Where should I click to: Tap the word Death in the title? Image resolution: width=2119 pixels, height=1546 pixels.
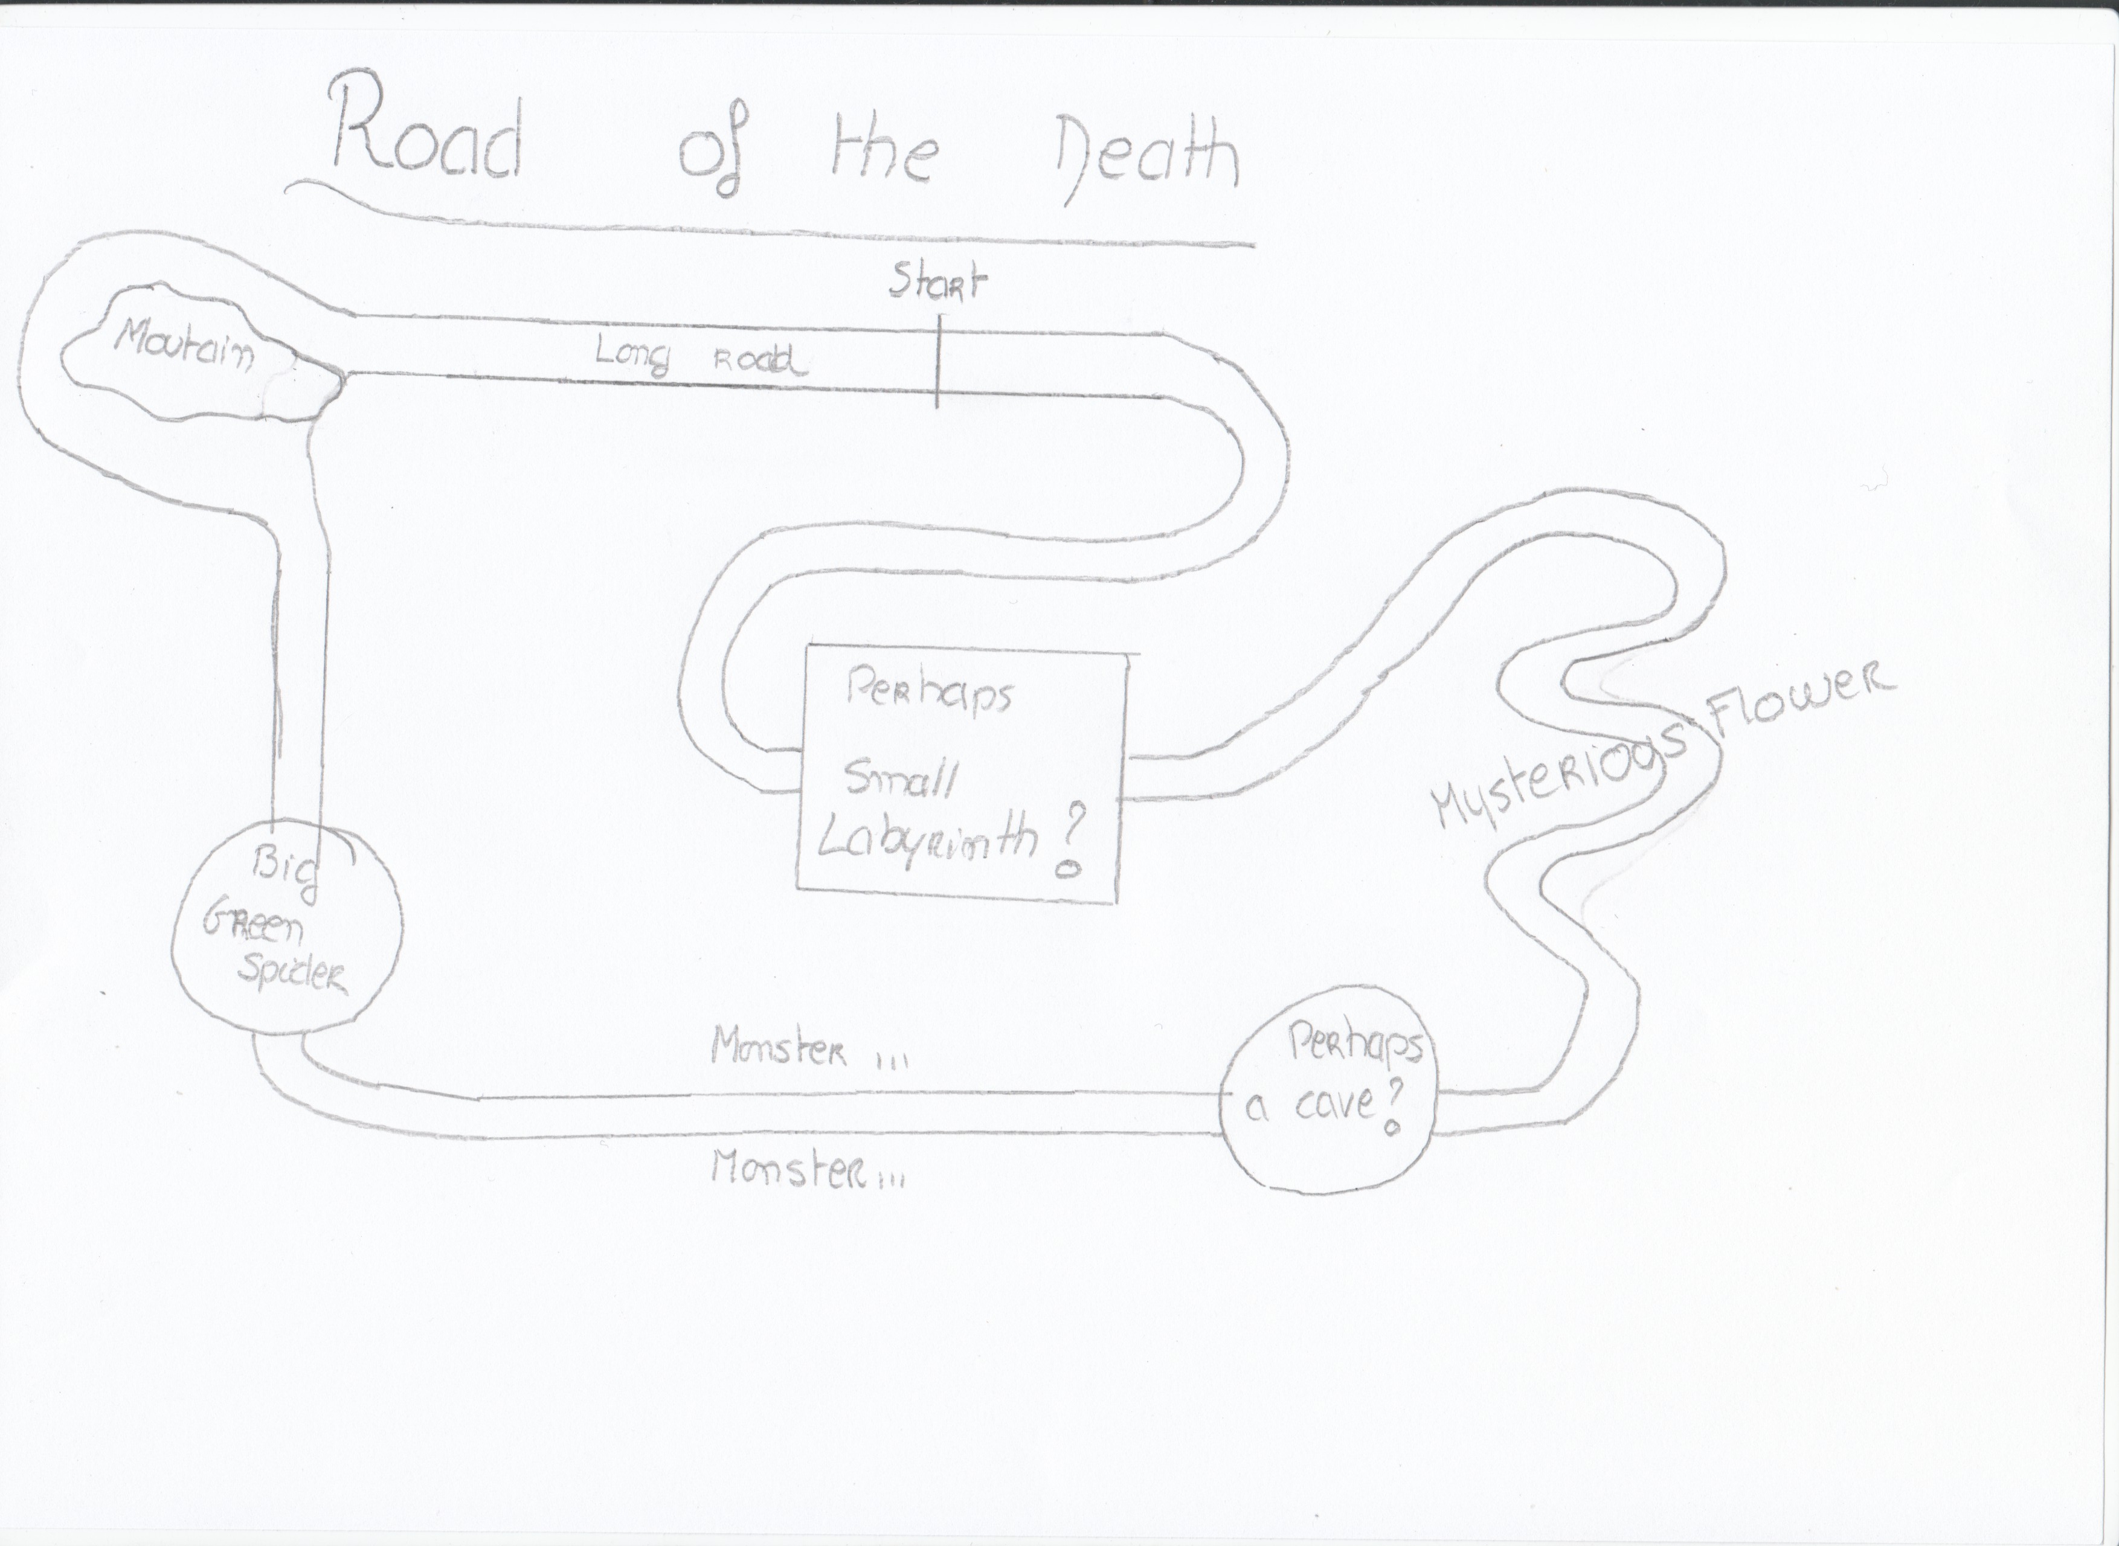1146,159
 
